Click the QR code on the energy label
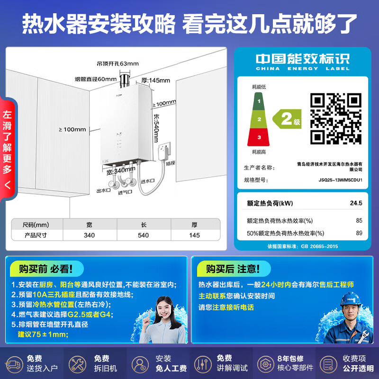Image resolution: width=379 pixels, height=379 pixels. click(336, 118)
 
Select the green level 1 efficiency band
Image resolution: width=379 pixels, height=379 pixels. click(259, 101)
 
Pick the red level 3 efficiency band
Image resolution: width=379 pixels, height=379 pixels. click(259, 137)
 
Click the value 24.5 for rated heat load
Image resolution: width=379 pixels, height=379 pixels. click(356, 203)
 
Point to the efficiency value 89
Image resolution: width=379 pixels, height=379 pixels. click(359, 233)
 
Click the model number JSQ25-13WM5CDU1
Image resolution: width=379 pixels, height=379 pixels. click(340, 180)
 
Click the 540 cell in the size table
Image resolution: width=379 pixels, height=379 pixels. click(143, 235)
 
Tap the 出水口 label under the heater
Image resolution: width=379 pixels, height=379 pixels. click(103, 190)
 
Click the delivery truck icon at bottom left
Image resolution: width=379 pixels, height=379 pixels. click(14, 364)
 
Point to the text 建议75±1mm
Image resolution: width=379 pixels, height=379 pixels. click(43, 334)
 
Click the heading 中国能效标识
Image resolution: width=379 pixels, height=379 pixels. click(302, 59)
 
